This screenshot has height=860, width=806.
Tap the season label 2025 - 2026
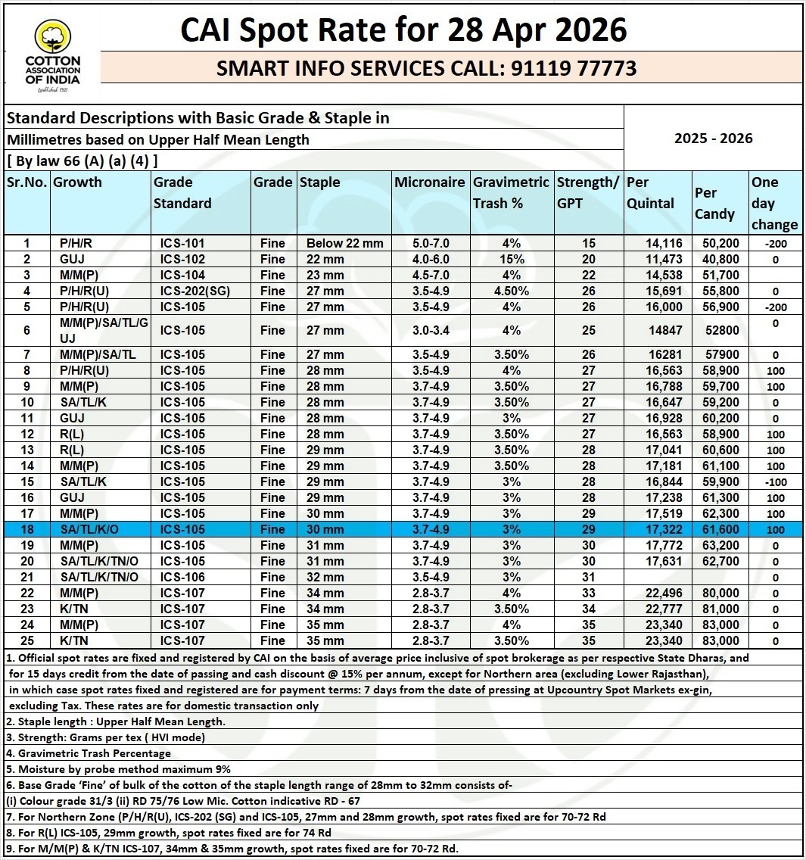click(713, 138)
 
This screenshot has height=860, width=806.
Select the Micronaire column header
click(429, 182)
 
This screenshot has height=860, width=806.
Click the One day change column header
click(774, 203)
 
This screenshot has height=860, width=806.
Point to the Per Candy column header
click(714, 203)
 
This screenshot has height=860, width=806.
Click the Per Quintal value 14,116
click(664, 243)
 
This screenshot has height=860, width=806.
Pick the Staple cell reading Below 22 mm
click(344, 243)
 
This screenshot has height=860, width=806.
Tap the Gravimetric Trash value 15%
click(511, 259)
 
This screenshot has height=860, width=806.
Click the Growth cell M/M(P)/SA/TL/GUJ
click(104, 330)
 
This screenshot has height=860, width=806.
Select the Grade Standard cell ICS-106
click(182, 577)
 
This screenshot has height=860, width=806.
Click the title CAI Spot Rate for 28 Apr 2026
click(403, 30)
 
